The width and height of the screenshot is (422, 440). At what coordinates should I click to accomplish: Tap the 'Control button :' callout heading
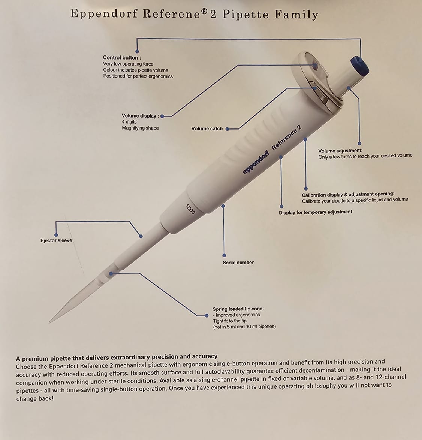122,58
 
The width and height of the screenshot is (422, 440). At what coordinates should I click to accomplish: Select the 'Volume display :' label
140,116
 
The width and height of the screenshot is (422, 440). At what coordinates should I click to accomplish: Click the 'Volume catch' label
207,128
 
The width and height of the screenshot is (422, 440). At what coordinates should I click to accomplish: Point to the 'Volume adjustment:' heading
340,151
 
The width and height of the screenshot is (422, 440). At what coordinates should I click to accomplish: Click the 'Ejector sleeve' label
56,240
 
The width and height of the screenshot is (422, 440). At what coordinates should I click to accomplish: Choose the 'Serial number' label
238,263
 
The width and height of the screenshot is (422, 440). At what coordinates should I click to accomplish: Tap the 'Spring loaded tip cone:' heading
238,309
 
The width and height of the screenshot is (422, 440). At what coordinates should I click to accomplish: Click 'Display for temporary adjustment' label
315,212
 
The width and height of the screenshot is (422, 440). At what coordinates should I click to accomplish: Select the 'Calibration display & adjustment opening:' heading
348,194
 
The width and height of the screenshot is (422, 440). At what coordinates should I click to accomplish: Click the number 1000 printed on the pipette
190,209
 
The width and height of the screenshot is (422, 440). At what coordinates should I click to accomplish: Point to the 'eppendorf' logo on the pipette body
256,163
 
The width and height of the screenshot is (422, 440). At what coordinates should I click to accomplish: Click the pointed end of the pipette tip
50,322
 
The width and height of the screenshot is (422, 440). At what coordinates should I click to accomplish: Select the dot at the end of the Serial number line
224,255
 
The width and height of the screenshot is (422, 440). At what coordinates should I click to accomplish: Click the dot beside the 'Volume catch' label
227,129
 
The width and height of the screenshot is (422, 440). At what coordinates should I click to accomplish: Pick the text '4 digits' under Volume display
129,122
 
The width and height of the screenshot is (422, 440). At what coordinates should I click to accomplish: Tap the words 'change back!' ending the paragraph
35,399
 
